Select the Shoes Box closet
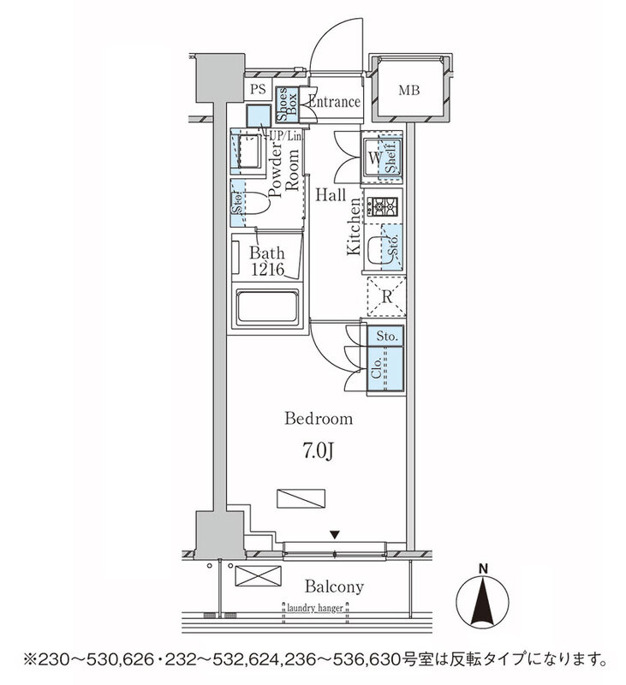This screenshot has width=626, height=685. (x=287, y=107)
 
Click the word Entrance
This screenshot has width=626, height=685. (x=334, y=102)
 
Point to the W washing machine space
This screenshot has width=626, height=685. (x=375, y=158)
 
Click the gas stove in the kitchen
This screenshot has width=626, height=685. (x=381, y=207)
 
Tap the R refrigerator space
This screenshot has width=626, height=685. (x=386, y=297)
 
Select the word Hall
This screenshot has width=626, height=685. (x=330, y=194)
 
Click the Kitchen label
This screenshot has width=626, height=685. (x=353, y=227)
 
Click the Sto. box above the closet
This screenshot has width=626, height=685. (x=385, y=337)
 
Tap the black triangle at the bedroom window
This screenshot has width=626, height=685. (x=335, y=535)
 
